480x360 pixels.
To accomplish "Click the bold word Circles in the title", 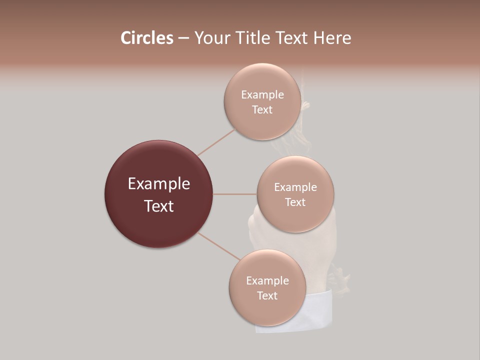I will coord(146,38).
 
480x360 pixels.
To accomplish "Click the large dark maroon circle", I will coord(158,165).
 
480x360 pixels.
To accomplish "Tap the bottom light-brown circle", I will coord(267,310).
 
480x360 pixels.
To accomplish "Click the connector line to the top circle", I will coord(216,142).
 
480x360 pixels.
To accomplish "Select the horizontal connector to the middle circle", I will coord(234,194).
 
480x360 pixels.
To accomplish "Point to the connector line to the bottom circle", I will coord(219,246).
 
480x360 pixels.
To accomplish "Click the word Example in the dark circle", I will coord(159,184).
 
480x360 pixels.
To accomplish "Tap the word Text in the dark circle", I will coord(159,206).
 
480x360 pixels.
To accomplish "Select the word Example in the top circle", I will coord(262,94).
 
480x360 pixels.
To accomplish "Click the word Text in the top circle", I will coord(262,109).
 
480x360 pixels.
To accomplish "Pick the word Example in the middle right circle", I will coord(295,187).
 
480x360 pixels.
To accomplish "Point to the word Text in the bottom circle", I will coord(267,295).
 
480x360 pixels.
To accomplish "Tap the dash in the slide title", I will coord(183,38).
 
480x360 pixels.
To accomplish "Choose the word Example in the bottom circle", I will coord(267,280).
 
